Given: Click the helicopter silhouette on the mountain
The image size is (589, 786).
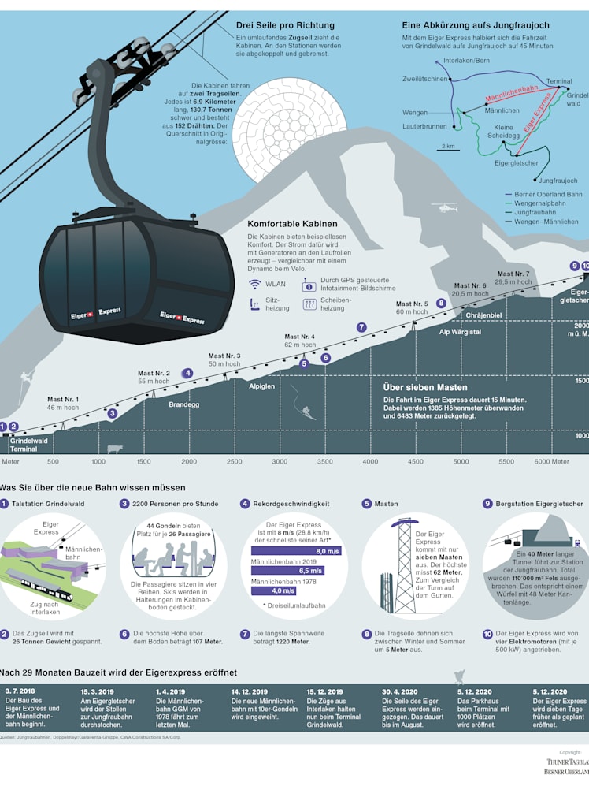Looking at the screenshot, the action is pyautogui.click(x=445, y=207).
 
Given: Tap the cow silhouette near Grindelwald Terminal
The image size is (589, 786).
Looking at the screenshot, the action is pyautogui.click(x=115, y=449).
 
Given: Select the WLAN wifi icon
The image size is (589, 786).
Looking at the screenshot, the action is pyautogui.click(x=255, y=285).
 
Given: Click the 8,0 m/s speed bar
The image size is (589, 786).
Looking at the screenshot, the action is pyautogui.click(x=296, y=551).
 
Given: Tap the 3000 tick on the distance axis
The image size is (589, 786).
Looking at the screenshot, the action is pyautogui.click(x=280, y=462).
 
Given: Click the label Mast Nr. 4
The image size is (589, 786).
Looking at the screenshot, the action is pyautogui.click(x=299, y=337).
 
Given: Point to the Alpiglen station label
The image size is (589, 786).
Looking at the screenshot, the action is pyautogui.click(x=262, y=386).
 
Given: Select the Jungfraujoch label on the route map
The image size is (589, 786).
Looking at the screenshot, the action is pyautogui.click(x=558, y=181).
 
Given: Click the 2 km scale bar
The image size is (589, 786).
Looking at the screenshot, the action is pyautogui.click(x=448, y=150).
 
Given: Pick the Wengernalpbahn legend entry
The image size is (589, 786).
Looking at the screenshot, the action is pyautogui.click(x=539, y=203).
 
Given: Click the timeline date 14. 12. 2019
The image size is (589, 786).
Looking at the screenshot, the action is pyautogui.click(x=249, y=691).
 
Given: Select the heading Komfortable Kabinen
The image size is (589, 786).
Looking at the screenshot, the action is pyautogui.click(x=292, y=224).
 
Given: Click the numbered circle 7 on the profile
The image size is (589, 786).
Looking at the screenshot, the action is pyautogui.click(x=361, y=327).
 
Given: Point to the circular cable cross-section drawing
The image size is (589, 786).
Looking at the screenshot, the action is pyautogui.click(x=290, y=129).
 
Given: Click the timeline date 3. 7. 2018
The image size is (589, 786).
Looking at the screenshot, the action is pyautogui.click(x=20, y=691).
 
